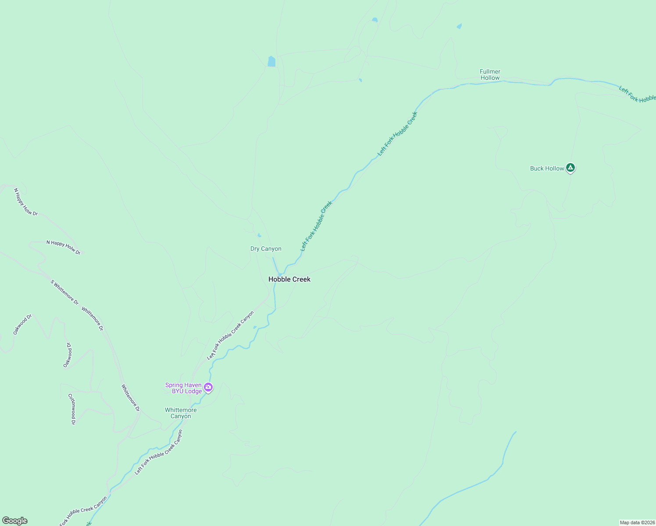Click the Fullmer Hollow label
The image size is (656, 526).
(x=490, y=75)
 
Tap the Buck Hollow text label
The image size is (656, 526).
(x=547, y=168)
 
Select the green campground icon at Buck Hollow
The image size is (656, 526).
(x=570, y=167)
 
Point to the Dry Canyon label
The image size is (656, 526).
(x=266, y=249)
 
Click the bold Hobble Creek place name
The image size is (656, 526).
(x=289, y=279)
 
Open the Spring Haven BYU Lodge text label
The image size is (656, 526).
(x=183, y=388)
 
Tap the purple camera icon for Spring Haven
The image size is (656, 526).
(x=208, y=387)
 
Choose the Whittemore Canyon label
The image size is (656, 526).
(x=181, y=413)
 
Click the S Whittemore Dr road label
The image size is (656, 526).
(x=64, y=292)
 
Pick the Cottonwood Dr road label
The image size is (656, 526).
(x=71, y=409)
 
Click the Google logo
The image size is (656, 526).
(x=14, y=521)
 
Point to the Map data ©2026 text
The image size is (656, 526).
(x=637, y=522)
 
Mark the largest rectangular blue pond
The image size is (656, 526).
(x=271, y=61)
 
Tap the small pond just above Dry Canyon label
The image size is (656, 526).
(x=259, y=235)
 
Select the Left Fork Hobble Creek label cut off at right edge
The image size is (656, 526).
(x=637, y=94)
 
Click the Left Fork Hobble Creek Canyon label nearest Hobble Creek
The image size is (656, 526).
(x=231, y=335)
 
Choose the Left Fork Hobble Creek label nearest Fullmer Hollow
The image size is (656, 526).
(x=398, y=133)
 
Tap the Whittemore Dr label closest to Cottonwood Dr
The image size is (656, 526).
(x=130, y=398)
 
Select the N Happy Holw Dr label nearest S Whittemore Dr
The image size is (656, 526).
(x=64, y=247)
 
